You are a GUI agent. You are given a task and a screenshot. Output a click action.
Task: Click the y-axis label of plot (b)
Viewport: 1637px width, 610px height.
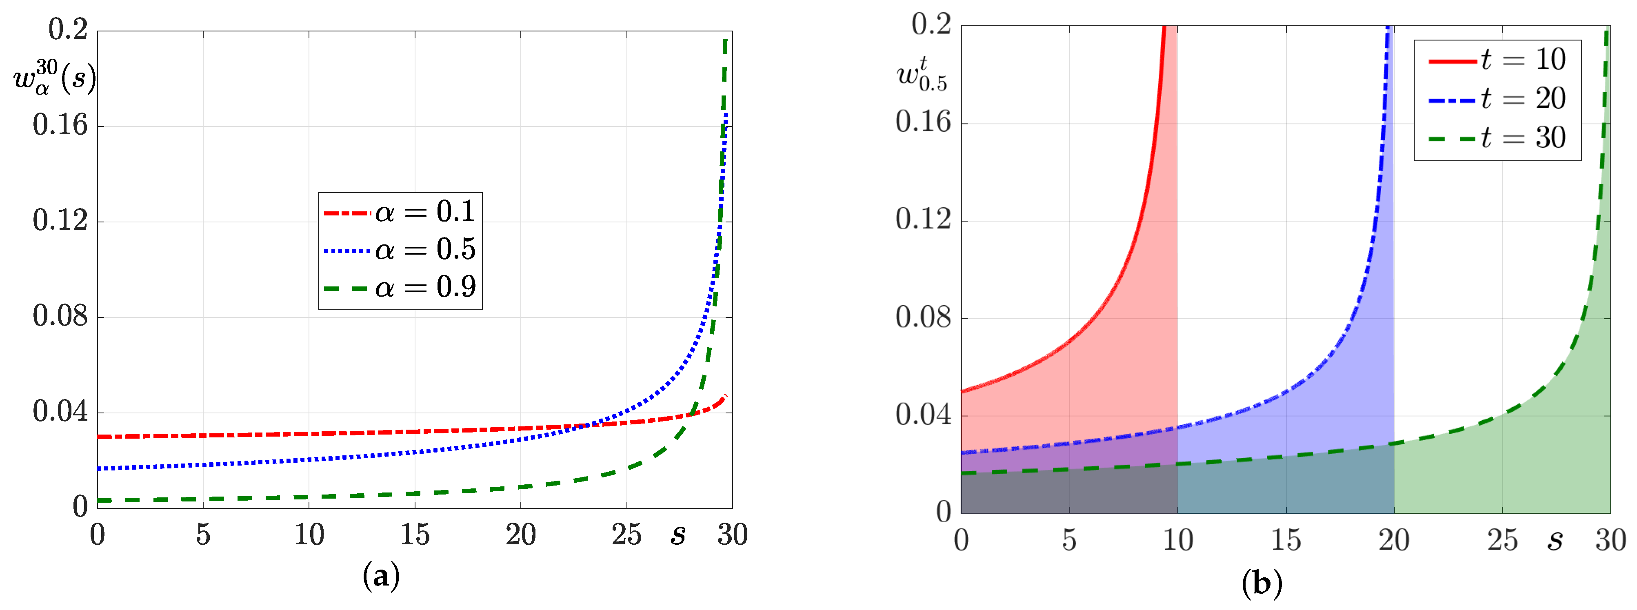pos(922,74)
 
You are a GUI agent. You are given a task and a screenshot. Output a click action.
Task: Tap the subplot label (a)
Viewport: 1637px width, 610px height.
pos(381,577)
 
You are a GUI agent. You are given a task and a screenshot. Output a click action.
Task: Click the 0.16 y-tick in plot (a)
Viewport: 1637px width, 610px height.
pos(60,125)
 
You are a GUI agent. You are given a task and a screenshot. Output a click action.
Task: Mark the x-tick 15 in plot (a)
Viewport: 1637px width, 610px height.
pos(415,535)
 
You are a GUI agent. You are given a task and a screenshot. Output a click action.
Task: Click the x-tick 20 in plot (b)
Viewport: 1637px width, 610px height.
pos(1394,540)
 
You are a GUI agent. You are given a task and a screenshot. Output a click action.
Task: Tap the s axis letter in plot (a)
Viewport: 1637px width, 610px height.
pos(678,535)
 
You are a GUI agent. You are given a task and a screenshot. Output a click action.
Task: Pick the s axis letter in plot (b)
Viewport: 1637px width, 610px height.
pos(1555,540)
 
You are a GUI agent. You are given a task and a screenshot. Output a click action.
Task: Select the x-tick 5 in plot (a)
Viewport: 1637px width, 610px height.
pos(203,535)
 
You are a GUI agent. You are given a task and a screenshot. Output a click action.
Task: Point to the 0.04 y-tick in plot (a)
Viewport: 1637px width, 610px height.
pos(60,412)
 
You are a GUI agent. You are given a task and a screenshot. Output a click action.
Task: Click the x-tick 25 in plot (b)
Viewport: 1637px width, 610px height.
pos(1502,540)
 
